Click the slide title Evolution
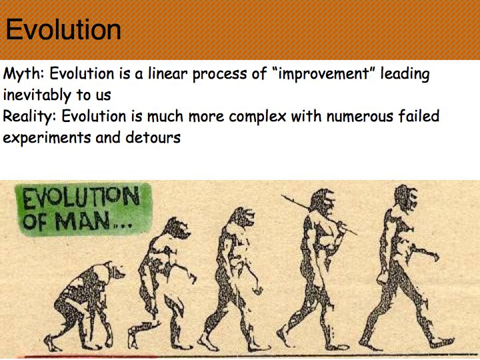click(63, 29)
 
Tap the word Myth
click(23, 75)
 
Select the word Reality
click(29, 117)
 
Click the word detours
click(153, 137)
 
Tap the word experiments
click(47, 139)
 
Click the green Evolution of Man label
click(83, 209)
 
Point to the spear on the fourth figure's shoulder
click(319, 215)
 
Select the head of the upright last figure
click(406, 199)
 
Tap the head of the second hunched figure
click(177, 228)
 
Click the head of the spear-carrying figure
click(323, 203)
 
